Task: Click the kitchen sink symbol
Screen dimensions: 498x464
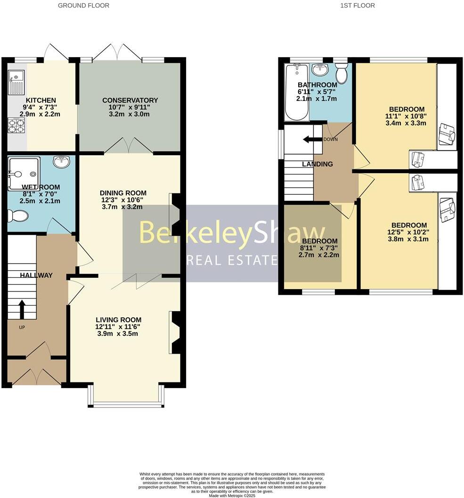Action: point(17,81)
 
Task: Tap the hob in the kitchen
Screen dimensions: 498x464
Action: point(17,125)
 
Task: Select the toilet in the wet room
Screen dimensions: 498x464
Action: point(17,216)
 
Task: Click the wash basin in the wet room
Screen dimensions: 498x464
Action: point(61,162)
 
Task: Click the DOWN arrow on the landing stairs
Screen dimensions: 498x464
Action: point(311,139)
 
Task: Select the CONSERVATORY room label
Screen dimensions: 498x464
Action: point(130,100)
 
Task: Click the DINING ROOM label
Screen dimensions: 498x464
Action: point(123,193)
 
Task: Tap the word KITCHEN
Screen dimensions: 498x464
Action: point(41,100)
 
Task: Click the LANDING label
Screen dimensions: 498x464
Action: point(317,164)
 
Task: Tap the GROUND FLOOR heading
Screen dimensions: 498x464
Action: point(83,6)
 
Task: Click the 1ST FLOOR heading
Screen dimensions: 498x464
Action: point(357,6)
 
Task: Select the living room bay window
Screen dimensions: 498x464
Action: point(126,404)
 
